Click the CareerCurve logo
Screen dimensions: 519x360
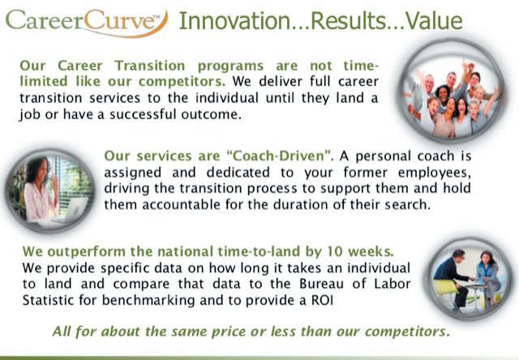point(87,22)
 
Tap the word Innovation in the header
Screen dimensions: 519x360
point(234,20)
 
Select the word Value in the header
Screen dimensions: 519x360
point(434,20)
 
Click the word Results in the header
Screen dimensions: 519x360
point(349,20)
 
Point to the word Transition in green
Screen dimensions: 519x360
point(150,66)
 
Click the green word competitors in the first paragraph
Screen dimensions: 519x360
point(182,82)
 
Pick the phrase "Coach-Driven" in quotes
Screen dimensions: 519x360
point(280,156)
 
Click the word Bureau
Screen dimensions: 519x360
point(321,284)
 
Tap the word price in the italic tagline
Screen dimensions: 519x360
point(227,332)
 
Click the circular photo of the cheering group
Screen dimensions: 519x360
point(453,92)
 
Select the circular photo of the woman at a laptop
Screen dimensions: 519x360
point(50,191)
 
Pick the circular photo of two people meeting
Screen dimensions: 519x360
point(469,279)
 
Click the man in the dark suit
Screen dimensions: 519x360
point(453,277)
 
